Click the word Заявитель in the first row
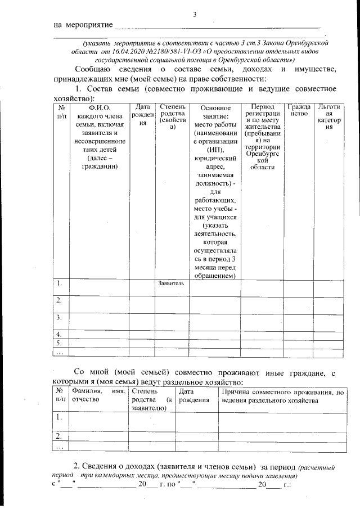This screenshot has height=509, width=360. point(171,283)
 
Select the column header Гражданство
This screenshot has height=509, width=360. point(298,110)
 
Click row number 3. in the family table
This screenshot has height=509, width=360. point(58,318)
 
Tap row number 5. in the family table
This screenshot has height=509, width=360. point(58,343)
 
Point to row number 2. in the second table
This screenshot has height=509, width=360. point(58,436)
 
